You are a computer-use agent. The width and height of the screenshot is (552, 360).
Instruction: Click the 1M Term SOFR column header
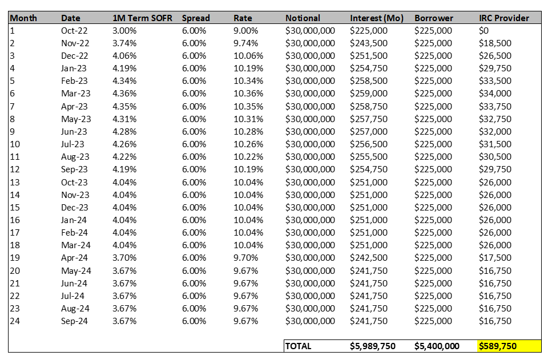(x=142, y=18)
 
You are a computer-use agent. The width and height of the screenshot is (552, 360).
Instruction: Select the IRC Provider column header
(x=504, y=18)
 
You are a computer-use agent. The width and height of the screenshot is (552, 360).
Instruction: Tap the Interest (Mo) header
(x=376, y=18)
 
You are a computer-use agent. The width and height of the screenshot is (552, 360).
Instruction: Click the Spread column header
(x=196, y=18)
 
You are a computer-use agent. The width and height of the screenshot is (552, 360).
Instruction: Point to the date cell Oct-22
(x=74, y=31)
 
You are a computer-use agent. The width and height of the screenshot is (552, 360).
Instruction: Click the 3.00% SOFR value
(x=124, y=31)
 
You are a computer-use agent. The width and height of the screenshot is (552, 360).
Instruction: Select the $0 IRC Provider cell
(x=483, y=31)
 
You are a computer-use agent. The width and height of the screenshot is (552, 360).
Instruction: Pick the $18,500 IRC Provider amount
(x=495, y=43)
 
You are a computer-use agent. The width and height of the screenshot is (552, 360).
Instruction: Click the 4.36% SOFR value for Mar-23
(x=124, y=94)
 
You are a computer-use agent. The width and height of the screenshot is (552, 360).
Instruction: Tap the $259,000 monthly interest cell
(x=369, y=94)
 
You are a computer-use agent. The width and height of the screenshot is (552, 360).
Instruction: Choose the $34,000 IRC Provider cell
(x=495, y=94)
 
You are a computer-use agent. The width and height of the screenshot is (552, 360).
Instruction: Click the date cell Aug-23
(x=75, y=157)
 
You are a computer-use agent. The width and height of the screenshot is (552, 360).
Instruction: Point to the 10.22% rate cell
(x=248, y=156)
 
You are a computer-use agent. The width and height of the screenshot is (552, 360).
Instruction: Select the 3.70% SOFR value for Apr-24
(x=124, y=258)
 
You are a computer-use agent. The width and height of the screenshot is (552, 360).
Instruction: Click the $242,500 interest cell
(x=369, y=258)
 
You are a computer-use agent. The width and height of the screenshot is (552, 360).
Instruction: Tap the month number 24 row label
(x=15, y=321)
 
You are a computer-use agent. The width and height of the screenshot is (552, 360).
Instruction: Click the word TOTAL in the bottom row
(x=298, y=346)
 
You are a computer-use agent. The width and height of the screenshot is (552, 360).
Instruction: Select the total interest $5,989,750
(x=372, y=346)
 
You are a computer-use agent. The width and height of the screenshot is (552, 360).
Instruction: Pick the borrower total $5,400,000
(x=437, y=346)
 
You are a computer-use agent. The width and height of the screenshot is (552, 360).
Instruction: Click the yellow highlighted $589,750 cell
(x=509, y=346)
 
